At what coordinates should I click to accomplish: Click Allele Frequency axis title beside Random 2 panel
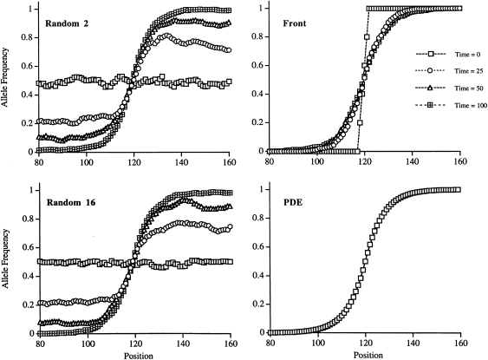(8, 81)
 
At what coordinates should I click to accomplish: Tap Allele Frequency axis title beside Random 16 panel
(8, 264)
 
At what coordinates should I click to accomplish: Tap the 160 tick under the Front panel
(459, 161)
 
